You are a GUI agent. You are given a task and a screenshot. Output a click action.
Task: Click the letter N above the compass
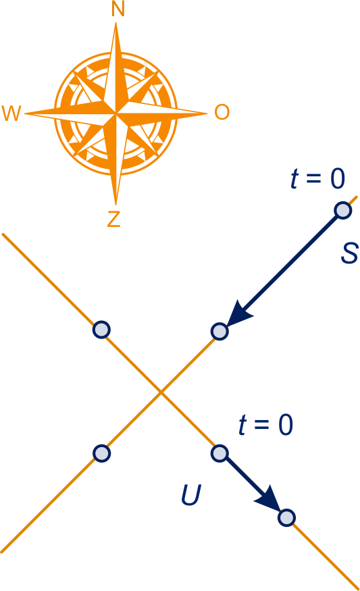[118, 9]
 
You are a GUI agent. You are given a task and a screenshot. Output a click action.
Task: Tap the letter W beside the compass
[11, 113]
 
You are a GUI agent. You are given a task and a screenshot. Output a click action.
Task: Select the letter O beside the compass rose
[222, 112]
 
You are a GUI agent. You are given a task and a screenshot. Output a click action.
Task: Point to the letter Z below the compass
[114, 219]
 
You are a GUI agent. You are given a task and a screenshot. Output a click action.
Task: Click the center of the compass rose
[115, 113]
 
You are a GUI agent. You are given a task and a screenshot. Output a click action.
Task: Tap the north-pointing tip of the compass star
[115, 22]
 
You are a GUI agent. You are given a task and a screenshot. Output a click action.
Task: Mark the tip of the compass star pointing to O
[207, 113]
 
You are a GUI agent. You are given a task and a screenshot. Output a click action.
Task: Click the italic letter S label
[349, 253]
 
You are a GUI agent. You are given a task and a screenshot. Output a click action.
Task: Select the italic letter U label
[191, 494]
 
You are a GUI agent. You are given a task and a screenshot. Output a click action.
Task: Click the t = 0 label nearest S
[317, 178]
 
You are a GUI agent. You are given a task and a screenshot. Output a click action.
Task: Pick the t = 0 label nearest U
[265, 425]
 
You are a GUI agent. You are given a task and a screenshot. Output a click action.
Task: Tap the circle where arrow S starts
[343, 210]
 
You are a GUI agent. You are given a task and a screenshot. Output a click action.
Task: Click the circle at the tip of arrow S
[220, 332]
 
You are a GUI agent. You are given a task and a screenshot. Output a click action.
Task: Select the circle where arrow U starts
[220, 453]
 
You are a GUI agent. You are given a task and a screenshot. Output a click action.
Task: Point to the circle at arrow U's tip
[286, 517]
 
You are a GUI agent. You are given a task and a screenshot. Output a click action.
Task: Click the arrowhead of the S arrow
[238, 314]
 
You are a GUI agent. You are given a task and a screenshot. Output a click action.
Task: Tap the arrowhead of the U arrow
[269, 500]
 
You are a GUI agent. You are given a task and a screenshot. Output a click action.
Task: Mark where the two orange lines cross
[161, 392]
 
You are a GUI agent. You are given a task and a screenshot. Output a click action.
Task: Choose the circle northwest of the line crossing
[101, 330]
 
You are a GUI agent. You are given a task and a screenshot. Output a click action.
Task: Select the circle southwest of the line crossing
[101, 453]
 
